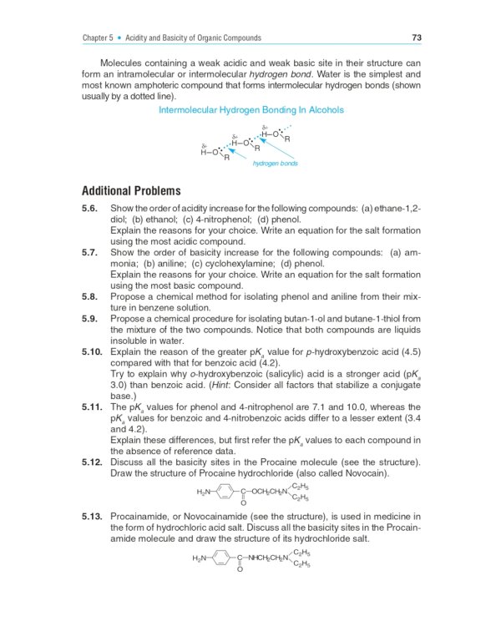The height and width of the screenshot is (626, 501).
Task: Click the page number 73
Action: pyautogui.click(x=416, y=38)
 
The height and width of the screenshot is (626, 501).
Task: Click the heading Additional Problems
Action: pyautogui.click(x=131, y=191)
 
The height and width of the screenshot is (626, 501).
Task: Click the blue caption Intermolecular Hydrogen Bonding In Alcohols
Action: pyautogui.click(x=250, y=110)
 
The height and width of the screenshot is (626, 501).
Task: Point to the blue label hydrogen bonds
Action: pyautogui.click(x=269, y=164)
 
